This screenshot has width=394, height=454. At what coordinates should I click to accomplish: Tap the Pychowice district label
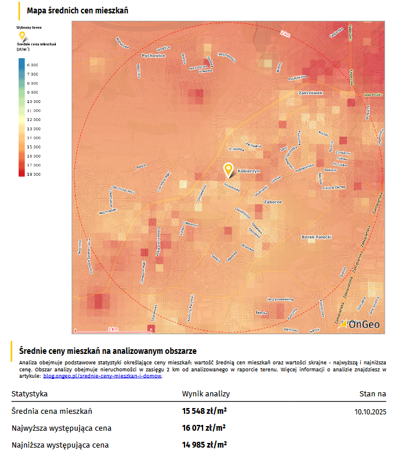(x=154, y=56)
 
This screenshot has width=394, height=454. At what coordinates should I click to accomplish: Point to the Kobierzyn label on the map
(x=249, y=171)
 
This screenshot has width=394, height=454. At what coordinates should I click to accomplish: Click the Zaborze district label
(x=272, y=202)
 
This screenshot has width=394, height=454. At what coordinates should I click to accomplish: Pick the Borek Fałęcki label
(x=317, y=237)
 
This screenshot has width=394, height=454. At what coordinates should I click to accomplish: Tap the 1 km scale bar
(x=113, y=331)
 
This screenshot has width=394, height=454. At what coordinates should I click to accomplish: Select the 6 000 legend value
(x=33, y=65)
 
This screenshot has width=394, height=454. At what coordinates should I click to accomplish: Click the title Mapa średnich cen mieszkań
(x=77, y=11)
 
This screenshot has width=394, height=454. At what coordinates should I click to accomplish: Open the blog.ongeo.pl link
(x=102, y=376)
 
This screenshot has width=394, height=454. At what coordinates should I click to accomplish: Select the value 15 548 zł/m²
(x=204, y=412)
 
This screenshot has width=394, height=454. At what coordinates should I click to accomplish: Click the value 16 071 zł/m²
(x=204, y=428)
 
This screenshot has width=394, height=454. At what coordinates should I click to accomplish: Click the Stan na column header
(x=372, y=394)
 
